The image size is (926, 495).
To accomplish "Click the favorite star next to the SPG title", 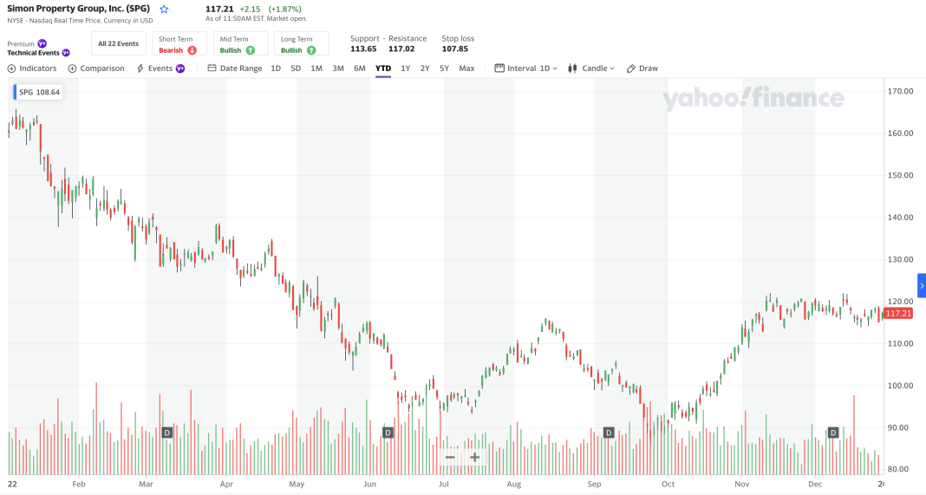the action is click(164, 10).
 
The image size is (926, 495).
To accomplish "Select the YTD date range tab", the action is click(383, 68).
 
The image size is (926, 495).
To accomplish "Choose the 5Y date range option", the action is click(444, 68).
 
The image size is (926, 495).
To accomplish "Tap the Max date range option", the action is click(466, 68).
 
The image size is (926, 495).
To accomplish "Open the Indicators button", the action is click(32, 68).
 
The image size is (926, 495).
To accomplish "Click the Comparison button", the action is click(96, 68).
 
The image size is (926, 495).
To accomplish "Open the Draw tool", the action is click(642, 68).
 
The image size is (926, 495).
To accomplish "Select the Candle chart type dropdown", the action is click(591, 68).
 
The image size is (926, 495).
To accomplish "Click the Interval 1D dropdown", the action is click(525, 68).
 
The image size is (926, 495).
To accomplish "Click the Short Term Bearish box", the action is click(179, 44).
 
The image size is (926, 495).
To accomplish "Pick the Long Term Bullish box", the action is click(301, 44).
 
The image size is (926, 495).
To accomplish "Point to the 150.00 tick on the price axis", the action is click(901, 175).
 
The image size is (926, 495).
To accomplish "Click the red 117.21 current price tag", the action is click(898, 314).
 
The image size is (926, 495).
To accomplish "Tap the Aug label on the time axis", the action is click(514, 485).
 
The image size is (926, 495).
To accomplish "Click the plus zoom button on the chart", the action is click(475, 457).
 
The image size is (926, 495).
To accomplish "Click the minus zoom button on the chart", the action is click(450, 457).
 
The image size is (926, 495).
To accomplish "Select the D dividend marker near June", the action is click(388, 433).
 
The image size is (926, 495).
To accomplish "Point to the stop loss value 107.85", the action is click(454, 49).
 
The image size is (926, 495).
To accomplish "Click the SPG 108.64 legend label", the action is click(38, 92).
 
